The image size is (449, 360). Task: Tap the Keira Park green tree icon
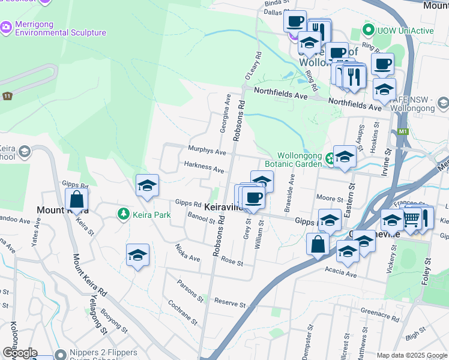pyautogui.click(x=123, y=214)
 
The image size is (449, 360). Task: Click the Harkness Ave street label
pyautogui.click(x=204, y=167)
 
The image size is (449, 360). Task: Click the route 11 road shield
pyautogui.click(x=7, y=96)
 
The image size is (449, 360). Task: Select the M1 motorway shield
pyautogui.click(x=402, y=131)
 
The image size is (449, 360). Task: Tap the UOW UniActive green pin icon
pyautogui.click(x=367, y=30)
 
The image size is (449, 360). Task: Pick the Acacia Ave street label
pyautogui.click(x=342, y=274)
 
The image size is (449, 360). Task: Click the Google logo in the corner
pyautogui.click(x=19, y=353)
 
